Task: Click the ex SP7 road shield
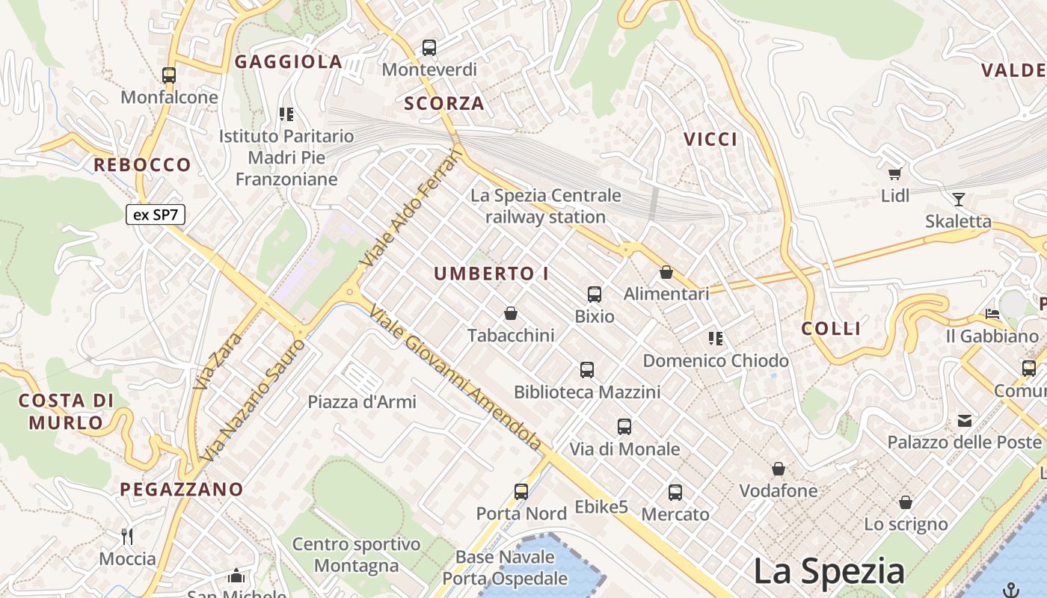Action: coord(155,215)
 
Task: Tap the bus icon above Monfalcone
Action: coord(169,75)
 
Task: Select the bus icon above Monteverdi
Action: coord(429,48)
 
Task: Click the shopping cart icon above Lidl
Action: coord(894,174)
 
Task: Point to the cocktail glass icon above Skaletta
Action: coord(959,199)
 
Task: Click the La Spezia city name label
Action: coord(829,572)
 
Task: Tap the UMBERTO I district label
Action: coord(491,274)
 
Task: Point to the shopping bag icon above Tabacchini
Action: coord(511,313)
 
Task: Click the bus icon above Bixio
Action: coord(595,294)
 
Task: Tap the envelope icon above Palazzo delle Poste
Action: coord(965,421)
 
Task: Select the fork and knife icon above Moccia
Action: coord(127,536)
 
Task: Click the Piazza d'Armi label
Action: coord(362,401)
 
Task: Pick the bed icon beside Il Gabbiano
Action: coord(992,314)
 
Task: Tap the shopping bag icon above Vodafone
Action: coord(779,469)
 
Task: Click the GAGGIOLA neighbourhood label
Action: coord(289,62)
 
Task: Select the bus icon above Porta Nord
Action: coord(521,491)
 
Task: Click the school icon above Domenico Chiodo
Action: coord(716,339)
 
